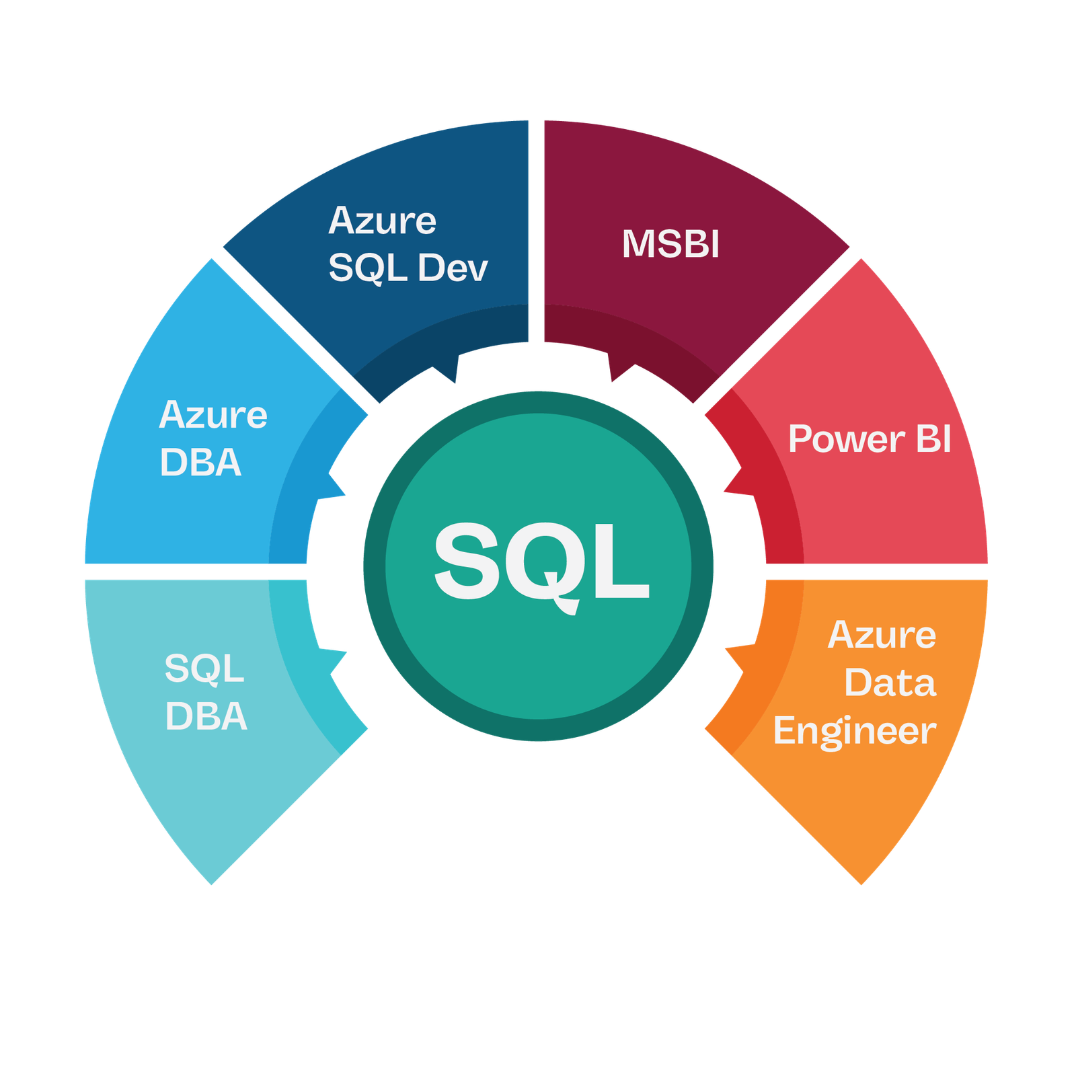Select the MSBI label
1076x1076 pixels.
(670, 243)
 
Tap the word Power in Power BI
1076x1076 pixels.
(846, 440)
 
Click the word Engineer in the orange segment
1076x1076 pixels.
(854, 732)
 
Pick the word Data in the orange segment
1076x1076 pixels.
(890, 683)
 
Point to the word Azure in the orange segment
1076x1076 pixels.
(882, 635)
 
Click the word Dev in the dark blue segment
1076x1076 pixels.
(453, 268)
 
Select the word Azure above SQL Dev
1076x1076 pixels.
(382, 221)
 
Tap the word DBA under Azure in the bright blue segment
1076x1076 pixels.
(200, 463)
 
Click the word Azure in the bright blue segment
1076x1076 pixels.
(213, 415)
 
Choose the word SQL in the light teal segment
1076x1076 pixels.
(204, 668)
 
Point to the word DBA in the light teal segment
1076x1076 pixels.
(206, 716)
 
